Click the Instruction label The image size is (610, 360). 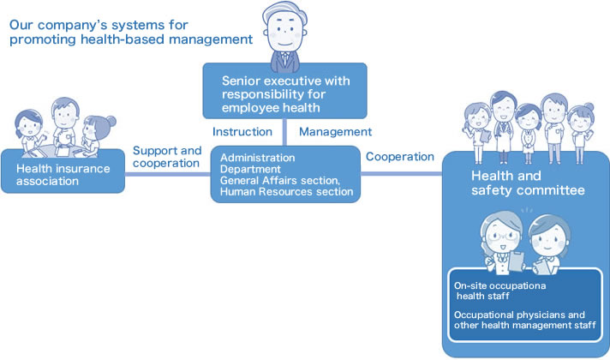242,132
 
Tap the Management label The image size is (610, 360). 335,132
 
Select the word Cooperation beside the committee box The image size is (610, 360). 400,157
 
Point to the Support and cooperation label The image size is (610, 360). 167,157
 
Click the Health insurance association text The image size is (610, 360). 63,175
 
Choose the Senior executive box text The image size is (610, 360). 286,94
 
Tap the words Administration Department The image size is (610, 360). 258,164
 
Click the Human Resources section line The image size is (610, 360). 287,192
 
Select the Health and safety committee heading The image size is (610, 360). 528,183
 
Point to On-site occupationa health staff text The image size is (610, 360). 499,291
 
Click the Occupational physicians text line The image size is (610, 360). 519,315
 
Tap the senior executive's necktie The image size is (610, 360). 285,59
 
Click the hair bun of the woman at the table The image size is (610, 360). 111,121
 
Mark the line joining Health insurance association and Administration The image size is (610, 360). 168,174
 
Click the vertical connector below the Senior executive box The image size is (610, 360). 284,132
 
